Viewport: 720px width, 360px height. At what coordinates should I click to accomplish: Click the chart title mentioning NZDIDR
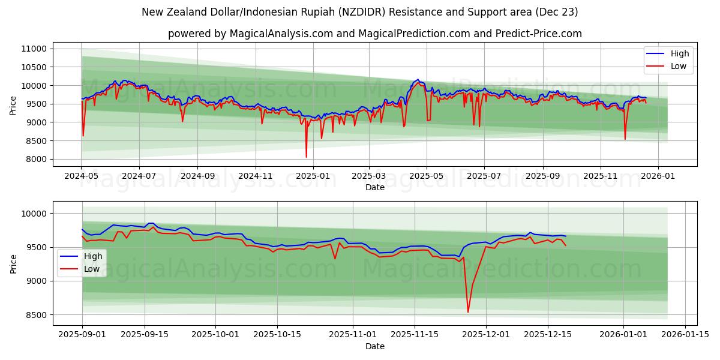[x=360, y=12]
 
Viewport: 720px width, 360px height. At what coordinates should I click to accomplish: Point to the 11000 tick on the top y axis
[x=34, y=49]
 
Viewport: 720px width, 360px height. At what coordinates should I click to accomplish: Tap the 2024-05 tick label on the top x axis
[x=82, y=176]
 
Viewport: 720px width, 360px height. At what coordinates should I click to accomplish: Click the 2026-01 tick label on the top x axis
[x=658, y=176]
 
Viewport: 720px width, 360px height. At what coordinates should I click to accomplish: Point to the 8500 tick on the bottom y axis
[x=36, y=314]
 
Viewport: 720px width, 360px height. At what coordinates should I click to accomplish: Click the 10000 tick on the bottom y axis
[x=34, y=214]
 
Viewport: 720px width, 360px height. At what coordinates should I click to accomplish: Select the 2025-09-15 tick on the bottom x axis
[x=144, y=335]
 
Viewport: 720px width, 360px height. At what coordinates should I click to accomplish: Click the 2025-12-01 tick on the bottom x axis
[x=484, y=335]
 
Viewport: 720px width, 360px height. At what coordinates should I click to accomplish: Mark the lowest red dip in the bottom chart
[x=468, y=312]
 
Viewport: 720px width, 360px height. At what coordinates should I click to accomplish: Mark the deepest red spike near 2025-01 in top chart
[x=306, y=157]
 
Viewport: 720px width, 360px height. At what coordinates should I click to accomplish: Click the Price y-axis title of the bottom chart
[x=13, y=263]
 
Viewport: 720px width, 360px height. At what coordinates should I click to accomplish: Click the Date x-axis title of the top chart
[x=374, y=187]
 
